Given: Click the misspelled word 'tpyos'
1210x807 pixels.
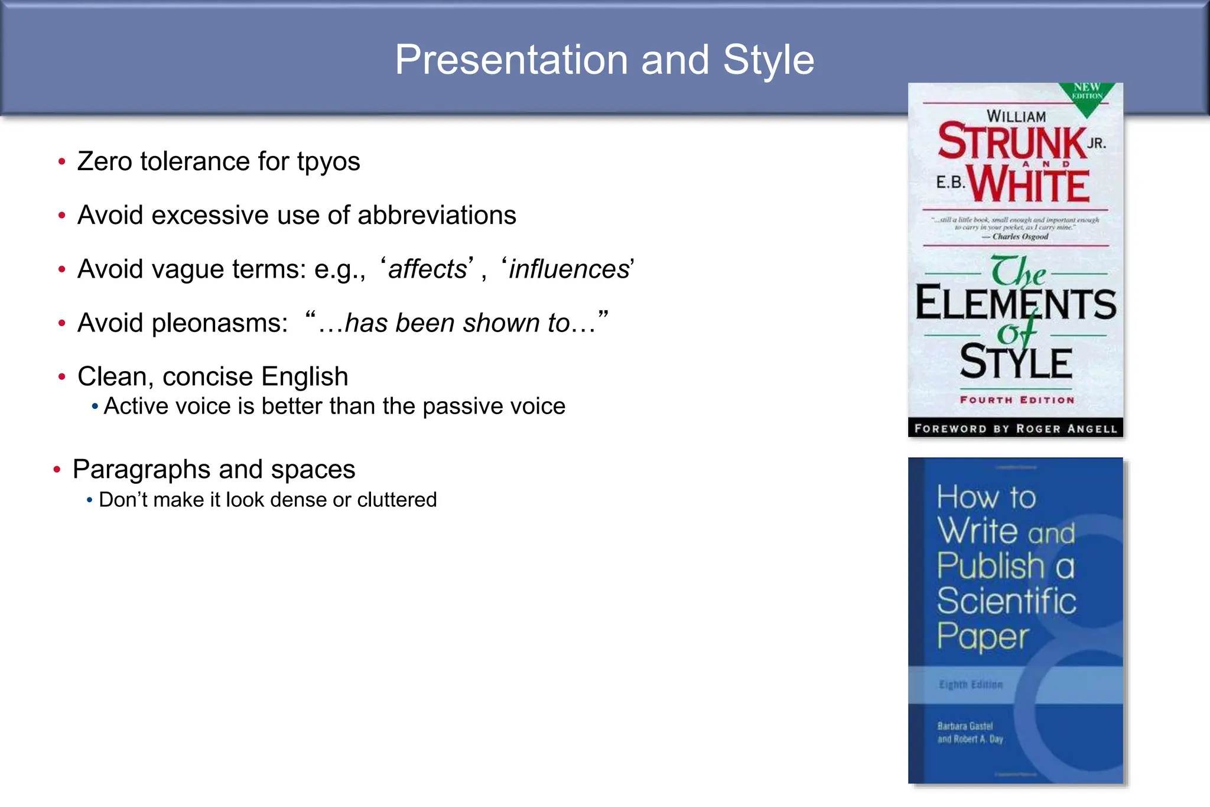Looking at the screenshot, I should coord(328,162).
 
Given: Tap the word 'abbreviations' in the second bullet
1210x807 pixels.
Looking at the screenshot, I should coord(437,216).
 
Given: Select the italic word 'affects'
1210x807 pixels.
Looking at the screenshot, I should coord(428,269).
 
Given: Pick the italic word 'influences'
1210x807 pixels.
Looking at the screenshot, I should coord(569,269).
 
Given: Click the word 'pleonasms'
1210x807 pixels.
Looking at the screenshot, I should coord(219,324).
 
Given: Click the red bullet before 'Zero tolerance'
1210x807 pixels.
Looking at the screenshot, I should coord(62,162).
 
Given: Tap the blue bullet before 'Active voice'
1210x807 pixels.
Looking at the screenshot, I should coord(95,406).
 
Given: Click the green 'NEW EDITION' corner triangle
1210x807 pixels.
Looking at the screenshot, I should coord(1087,95).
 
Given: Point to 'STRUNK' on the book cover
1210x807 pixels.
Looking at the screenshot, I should coord(1012,142).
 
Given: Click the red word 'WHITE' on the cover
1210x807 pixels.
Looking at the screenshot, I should coord(1030,186).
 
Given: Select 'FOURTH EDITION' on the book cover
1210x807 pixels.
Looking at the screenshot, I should coord(1017,400).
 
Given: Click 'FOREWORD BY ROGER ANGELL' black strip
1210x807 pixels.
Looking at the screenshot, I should coord(1016,428).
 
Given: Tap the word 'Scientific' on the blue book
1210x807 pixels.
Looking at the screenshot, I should coord(1006,601).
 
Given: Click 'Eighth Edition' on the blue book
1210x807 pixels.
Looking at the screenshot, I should coord(971,685).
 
